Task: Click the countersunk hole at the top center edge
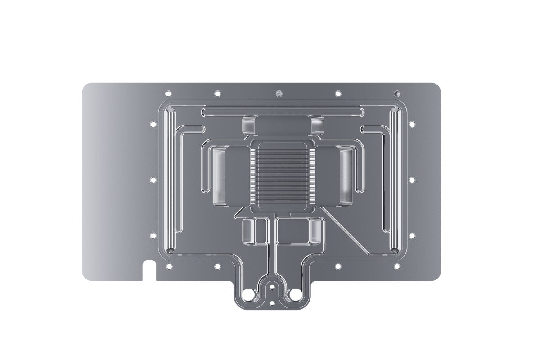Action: pos(278,94)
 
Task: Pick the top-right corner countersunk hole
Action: pos(396,94)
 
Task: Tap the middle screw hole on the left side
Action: pos(152,180)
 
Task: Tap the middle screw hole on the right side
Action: pos(411,180)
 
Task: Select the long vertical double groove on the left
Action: pos(171,180)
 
